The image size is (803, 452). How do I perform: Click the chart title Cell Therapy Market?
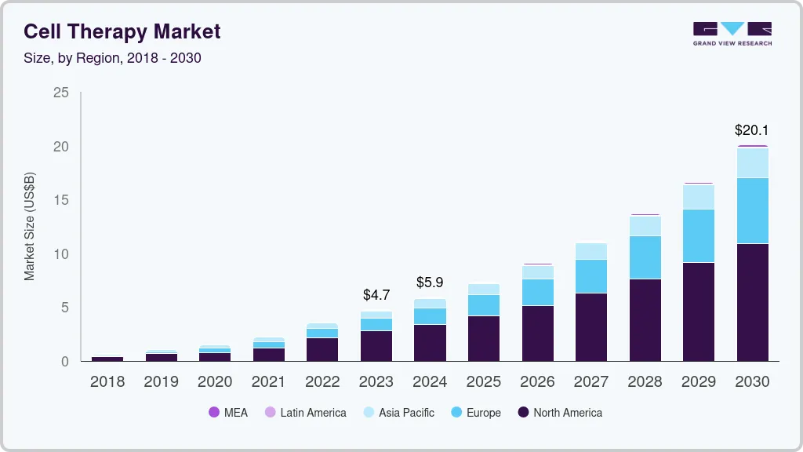[x=122, y=31]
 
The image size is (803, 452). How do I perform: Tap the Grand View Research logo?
[x=732, y=33]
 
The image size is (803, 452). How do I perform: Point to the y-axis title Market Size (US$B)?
[x=30, y=226]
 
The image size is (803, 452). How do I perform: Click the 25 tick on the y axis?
[x=60, y=93]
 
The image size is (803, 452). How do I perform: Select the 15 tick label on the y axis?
[x=60, y=201]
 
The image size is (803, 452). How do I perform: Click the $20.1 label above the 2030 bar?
[x=752, y=130]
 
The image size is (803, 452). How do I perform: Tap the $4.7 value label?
[x=376, y=295]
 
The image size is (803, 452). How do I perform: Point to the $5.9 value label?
[x=430, y=282]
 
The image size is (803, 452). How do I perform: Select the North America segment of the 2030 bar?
[x=752, y=302]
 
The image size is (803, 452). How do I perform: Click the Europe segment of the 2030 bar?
[x=752, y=210]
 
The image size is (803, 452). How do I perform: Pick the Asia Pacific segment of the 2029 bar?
[x=699, y=197]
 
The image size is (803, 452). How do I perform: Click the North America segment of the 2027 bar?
[x=591, y=326]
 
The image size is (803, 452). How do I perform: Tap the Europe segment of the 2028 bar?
[x=645, y=257]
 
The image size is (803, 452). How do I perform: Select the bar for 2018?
[x=107, y=359]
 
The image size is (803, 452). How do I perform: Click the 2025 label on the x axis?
[x=484, y=382]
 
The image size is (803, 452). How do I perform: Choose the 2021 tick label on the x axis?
[x=269, y=382]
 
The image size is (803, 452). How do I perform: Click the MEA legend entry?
[x=227, y=413]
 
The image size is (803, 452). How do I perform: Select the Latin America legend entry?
[x=305, y=413]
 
